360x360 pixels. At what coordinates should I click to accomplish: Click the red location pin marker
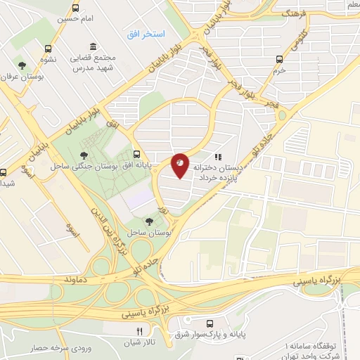point(180,165)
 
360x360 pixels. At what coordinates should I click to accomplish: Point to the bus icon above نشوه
point(48,49)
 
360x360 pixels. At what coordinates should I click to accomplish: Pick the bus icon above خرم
point(280,60)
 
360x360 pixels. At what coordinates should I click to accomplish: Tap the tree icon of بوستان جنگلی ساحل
point(84,155)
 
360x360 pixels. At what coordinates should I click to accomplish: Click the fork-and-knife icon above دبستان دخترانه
point(219,157)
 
